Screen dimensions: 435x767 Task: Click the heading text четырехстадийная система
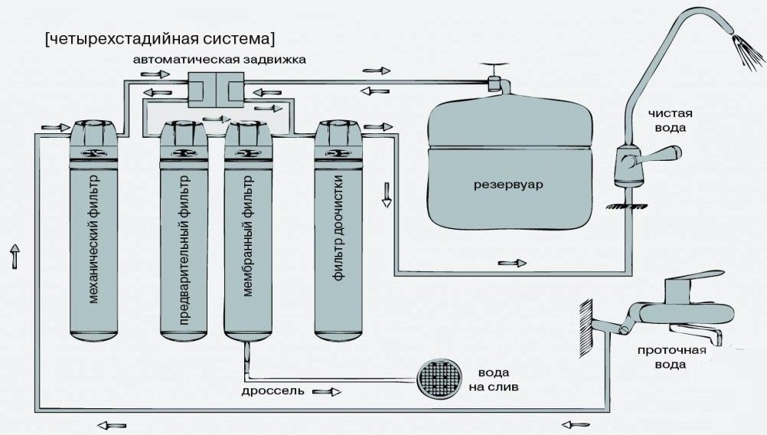click(160, 38)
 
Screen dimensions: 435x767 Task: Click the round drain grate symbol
click(439, 376)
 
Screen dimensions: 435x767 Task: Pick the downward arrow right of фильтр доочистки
click(387, 197)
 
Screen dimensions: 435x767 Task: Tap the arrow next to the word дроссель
click(328, 391)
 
